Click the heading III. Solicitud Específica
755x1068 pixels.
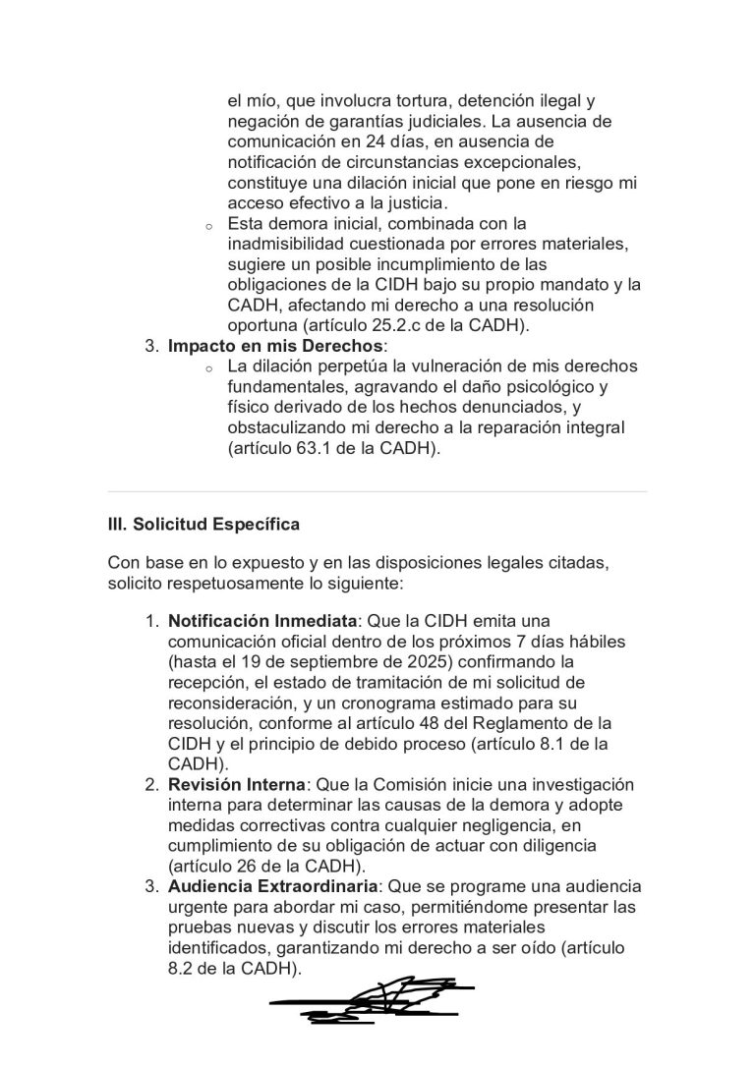[x=203, y=525]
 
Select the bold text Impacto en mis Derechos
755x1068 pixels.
[x=276, y=346]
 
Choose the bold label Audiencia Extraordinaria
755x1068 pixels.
[x=273, y=886]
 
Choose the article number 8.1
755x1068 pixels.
[x=566, y=743]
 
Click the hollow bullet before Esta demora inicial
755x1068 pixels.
[x=208, y=225]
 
